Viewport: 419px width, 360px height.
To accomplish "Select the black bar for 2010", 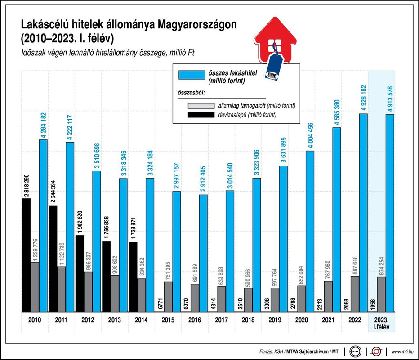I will pyautogui.click(x=27, y=255).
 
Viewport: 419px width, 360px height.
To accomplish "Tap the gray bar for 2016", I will pyautogui.click(x=195, y=298).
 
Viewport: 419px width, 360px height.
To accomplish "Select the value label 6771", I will pyautogui.click(x=160, y=303).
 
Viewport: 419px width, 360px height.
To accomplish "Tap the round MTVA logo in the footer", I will pyautogui.click(x=356, y=351).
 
